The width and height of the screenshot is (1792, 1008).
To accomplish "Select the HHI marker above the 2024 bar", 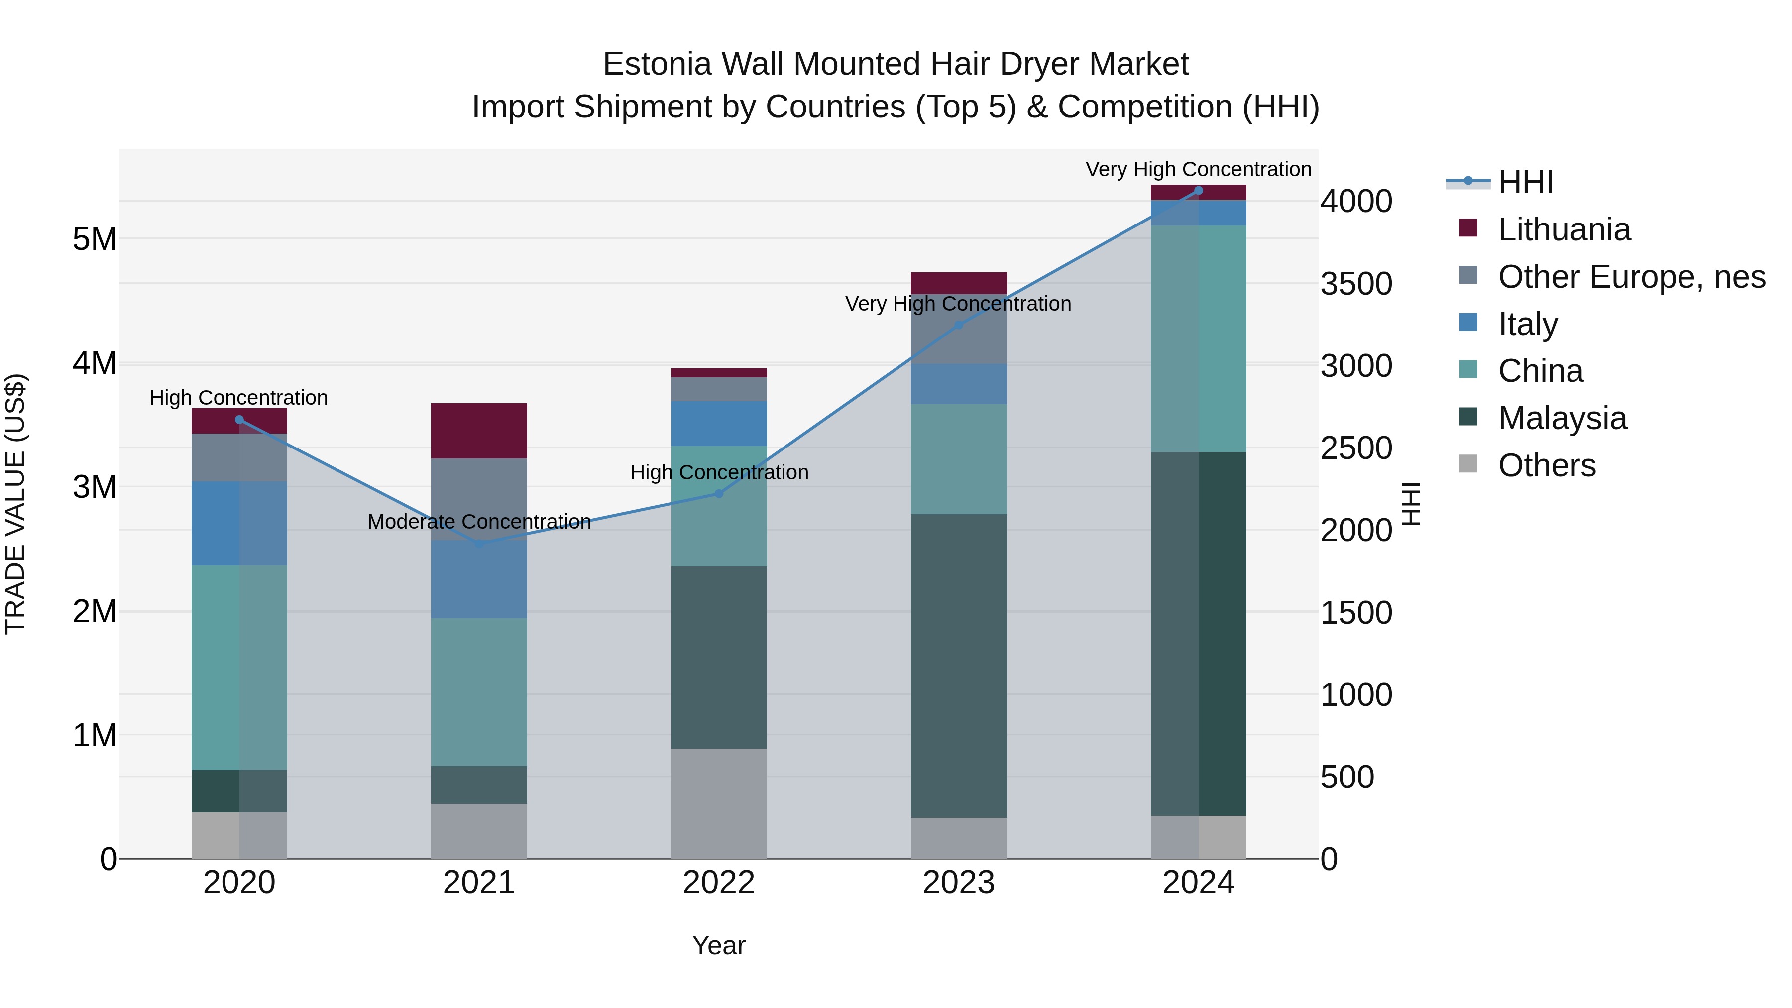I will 1198,191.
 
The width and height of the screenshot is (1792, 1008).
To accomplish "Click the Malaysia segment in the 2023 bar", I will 959,666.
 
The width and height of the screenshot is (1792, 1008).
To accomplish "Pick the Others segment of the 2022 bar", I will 719,803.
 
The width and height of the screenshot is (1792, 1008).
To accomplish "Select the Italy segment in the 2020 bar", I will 239,523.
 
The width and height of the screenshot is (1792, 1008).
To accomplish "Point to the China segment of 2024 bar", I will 1198,339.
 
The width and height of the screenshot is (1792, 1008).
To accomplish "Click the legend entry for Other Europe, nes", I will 1631,277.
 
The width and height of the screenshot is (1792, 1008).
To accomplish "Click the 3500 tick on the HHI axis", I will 1356,284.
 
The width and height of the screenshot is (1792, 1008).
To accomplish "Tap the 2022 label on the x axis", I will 719,883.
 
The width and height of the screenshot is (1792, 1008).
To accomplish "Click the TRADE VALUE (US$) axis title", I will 15,504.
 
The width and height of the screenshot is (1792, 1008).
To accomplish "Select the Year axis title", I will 719,945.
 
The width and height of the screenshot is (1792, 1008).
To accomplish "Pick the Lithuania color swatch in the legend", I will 1468,227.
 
